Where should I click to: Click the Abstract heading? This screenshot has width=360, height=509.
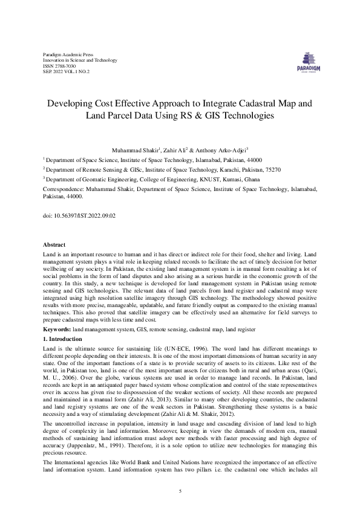pyautogui.click(x=54, y=244)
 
